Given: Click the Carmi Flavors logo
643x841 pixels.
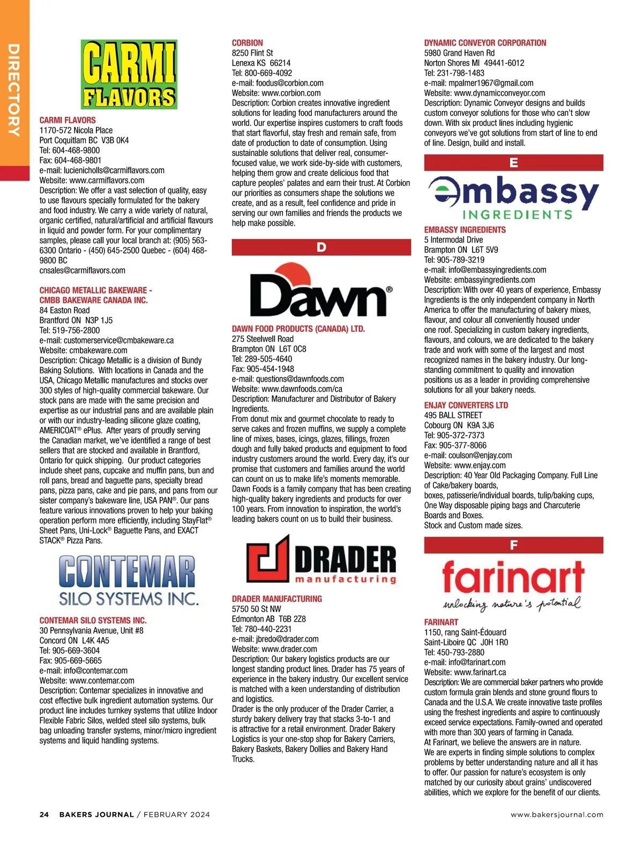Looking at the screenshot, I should pos(129,75).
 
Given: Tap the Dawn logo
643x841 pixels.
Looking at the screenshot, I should pos(321,291).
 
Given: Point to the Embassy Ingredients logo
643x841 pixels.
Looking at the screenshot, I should pos(513,198).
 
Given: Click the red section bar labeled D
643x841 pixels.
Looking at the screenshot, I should pos(321,247).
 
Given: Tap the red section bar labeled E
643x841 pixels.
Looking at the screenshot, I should pos(513,162).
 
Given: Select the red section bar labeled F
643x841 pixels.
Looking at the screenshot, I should pos(513,545).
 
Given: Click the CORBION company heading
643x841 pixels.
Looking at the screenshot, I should pos(247,43).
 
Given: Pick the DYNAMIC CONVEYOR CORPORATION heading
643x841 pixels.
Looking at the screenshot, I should pos(485,43).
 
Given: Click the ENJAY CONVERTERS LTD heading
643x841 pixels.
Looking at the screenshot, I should pos(466,405).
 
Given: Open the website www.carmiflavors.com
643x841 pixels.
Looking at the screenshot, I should pos(107,181).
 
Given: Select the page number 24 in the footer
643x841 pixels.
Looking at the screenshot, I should pos(44,815).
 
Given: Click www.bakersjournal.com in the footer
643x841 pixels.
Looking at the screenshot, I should pos(557,815).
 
